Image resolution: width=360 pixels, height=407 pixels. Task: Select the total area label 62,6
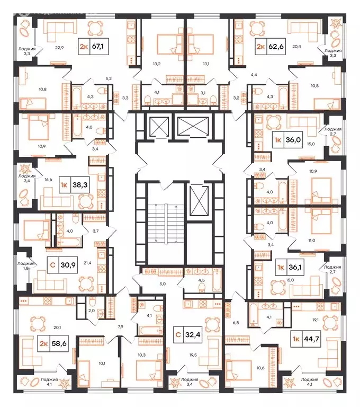pos(275,46)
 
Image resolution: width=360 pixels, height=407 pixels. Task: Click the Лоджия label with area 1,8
pos(25,265)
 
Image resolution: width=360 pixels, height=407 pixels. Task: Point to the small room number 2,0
pos(91,311)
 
